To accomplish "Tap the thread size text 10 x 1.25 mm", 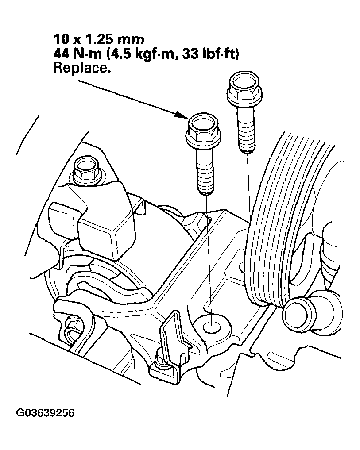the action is (99, 39).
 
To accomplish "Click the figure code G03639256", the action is (45, 413).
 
